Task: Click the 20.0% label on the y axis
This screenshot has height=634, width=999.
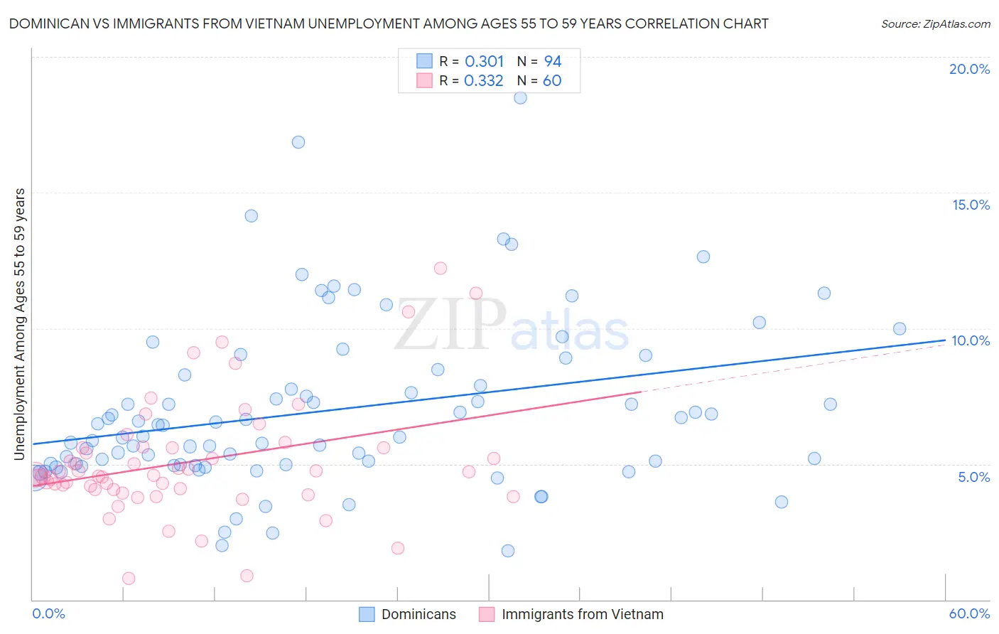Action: (x=969, y=69)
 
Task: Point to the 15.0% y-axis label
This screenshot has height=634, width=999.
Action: (x=971, y=205)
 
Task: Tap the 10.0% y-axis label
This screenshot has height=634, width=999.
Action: (x=971, y=340)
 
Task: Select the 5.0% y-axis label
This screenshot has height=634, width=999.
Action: (x=973, y=477)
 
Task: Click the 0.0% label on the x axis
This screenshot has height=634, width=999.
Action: (x=48, y=613)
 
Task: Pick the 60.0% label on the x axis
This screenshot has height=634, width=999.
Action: (x=969, y=613)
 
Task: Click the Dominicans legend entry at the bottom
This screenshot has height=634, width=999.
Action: (x=418, y=614)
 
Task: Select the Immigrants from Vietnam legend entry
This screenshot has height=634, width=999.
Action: (x=582, y=614)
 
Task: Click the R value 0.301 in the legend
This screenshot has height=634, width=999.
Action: (x=484, y=62)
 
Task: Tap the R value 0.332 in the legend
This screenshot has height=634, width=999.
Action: (x=483, y=81)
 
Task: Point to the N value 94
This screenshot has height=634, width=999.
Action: (x=553, y=62)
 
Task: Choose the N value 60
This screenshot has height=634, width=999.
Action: (x=552, y=81)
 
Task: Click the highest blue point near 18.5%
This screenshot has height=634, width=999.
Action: (x=520, y=97)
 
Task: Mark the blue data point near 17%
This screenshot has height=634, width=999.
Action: (x=298, y=142)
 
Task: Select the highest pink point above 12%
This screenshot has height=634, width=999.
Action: (x=441, y=269)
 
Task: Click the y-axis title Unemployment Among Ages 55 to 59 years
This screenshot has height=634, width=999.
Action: (x=20, y=324)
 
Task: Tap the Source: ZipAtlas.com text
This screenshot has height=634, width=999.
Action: (x=935, y=24)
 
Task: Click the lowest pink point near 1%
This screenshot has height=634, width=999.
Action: (x=129, y=579)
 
